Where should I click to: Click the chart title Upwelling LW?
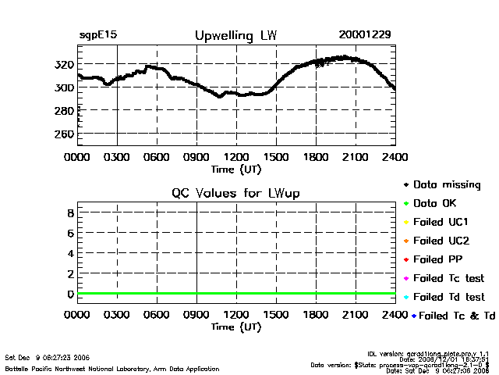pos(235,36)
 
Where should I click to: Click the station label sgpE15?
pos(97,36)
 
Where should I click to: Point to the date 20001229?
pos(365,35)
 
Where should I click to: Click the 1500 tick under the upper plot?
pos(276,157)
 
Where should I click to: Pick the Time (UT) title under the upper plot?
pos(236,169)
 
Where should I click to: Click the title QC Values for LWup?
pos(235,193)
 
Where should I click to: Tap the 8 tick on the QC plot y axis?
pos(70,212)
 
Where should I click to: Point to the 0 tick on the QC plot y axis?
pos(70,294)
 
